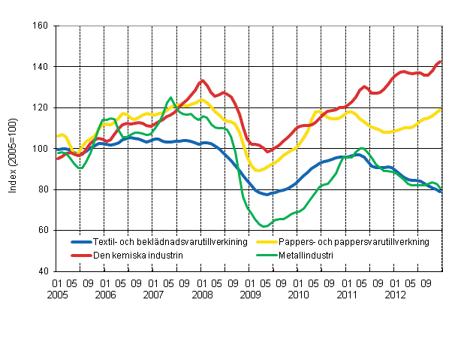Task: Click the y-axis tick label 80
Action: coord(42,189)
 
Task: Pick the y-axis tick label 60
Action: coord(42,230)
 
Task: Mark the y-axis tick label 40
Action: coord(42,271)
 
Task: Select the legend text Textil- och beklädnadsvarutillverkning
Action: coord(155,242)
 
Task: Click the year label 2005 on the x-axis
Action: coord(62,295)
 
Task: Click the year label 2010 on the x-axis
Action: coord(299,295)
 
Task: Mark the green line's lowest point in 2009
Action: coord(264,226)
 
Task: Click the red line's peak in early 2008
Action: coord(202,80)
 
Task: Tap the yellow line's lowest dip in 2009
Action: coord(259,171)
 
